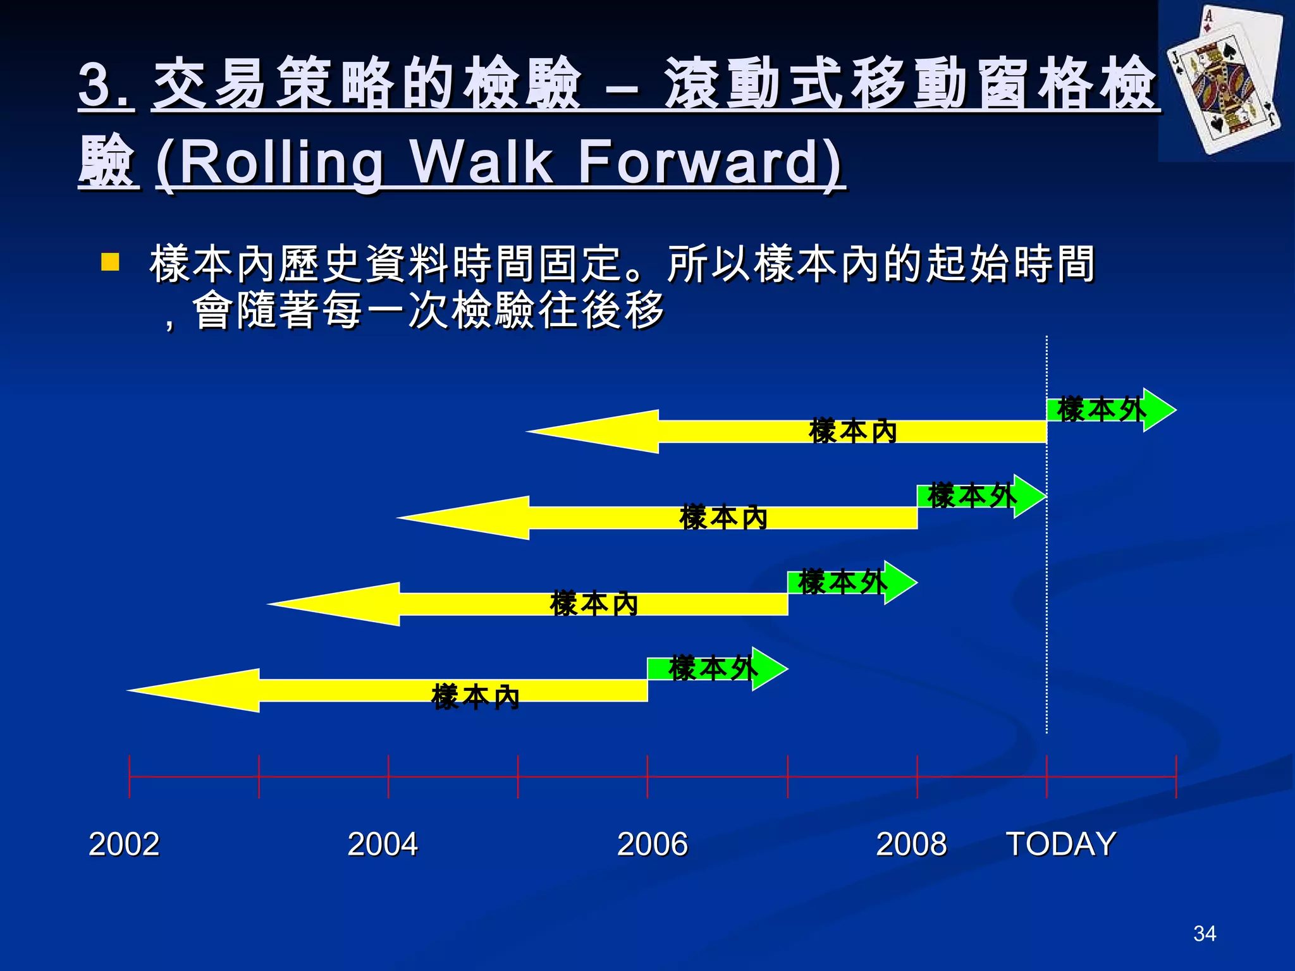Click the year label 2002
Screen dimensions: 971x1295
[x=124, y=844]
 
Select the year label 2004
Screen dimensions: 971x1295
[x=383, y=844]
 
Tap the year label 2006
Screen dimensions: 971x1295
[x=652, y=844]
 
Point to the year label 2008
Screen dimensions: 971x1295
[x=911, y=844]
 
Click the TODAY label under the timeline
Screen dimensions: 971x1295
[x=1061, y=844]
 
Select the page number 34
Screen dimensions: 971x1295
[x=1205, y=934]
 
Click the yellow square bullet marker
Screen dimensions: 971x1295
[x=110, y=262]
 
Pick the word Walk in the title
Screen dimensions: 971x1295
[x=481, y=162]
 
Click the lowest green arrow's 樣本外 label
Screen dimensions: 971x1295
[x=712, y=669]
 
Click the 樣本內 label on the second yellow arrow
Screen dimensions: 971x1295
[x=723, y=518]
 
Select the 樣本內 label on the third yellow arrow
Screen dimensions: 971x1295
[x=594, y=604]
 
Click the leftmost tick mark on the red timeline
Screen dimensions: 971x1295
[x=130, y=776]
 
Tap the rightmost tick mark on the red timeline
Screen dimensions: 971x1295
[x=1176, y=776]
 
